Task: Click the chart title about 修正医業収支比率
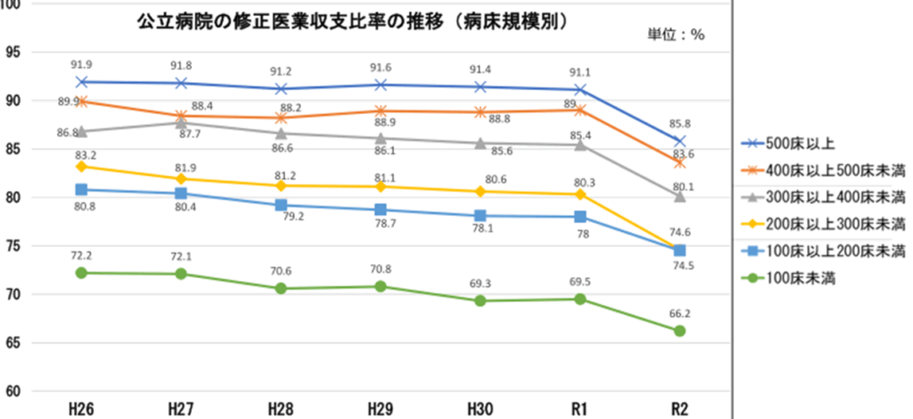(353, 21)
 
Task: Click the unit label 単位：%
(676, 36)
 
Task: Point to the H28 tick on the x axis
(281, 409)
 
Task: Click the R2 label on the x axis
(679, 409)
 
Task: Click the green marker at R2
(679, 331)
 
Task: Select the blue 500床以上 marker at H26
(81, 82)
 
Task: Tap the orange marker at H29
(381, 111)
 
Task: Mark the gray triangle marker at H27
(181, 122)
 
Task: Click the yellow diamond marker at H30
(481, 192)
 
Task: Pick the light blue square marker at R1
(580, 217)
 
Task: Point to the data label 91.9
(81, 64)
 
